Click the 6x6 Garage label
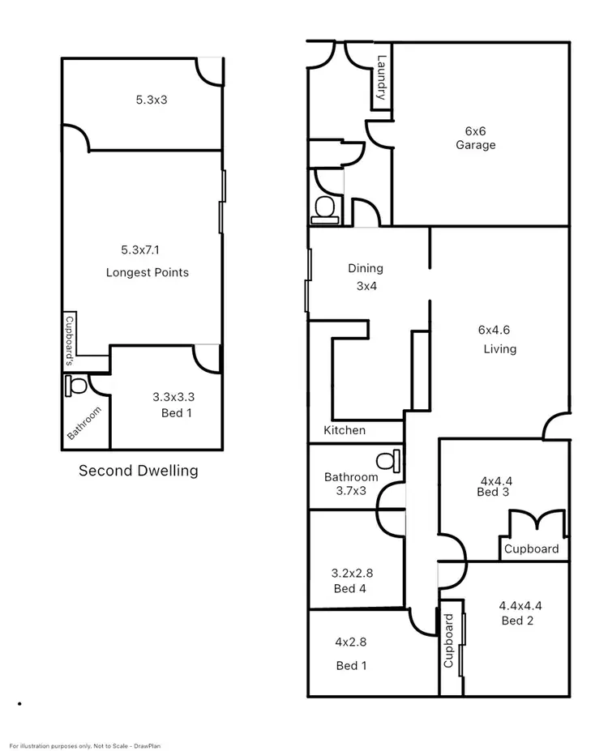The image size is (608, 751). click(475, 138)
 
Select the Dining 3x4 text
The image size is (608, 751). click(366, 277)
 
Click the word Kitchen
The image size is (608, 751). click(345, 430)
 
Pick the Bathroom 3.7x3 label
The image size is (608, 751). click(350, 484)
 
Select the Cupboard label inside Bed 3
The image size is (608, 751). click(532, 548)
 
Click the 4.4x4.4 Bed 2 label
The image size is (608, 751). click(520, 612)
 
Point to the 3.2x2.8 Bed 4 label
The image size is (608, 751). click(352, 580)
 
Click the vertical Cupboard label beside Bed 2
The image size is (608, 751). click(448, 640)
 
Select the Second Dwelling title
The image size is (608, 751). click(138, 470)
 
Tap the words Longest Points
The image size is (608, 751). click(148, 272)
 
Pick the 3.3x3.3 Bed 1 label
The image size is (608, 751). click(173, 404)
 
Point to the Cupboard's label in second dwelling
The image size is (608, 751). click(70, 331)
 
